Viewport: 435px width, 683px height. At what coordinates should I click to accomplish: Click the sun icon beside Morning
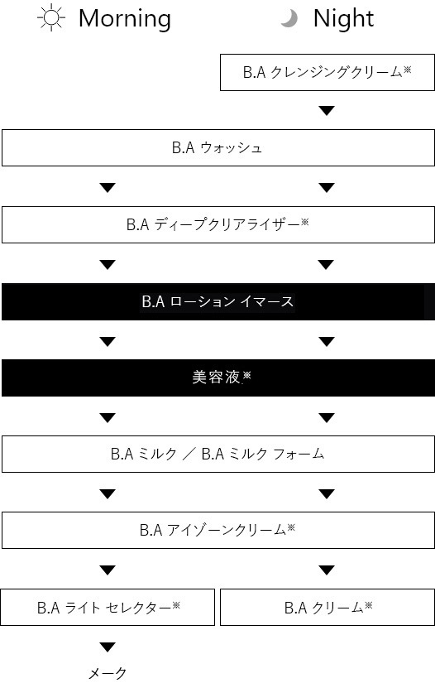click(x=51, y=17)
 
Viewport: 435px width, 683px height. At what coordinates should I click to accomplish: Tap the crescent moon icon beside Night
click(x=289, y=19)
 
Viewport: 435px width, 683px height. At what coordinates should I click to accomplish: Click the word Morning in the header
click(x=125, y=19)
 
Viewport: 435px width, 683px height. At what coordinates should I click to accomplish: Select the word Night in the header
click(x=344, y=19)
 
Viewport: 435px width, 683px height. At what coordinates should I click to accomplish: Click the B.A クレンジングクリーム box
click(x=327, y=72)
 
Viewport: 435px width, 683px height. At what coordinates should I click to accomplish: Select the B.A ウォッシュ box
click(x=218, y=147)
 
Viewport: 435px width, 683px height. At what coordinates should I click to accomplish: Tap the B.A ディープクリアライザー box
click(x=218, y=224)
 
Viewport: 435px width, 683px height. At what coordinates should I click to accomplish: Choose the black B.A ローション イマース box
click(x=218, y=301)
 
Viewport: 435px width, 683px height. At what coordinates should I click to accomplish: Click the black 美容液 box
click(x=218, y=378)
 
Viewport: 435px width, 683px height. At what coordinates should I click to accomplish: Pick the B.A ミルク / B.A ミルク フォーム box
click(x=218, y=454)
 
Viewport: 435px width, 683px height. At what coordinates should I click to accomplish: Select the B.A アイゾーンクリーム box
click(x=218, y=530)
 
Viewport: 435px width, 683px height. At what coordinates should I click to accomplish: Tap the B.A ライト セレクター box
click(x=108, y=607)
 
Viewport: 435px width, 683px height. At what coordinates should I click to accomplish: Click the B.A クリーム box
click(x=327, y=607)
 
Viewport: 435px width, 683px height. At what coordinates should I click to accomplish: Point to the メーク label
click(x=108, y=673)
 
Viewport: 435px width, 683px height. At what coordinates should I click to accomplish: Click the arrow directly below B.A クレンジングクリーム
click(x=327, y=111)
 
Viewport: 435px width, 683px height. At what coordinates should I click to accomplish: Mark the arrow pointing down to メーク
click(x=108, y=647)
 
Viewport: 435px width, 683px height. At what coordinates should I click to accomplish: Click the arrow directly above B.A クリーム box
click(x=327, y=570)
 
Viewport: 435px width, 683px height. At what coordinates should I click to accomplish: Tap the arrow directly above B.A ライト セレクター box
click(x=108, y=570)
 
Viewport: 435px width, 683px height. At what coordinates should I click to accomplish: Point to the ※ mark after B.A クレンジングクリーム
click(x=407, y=70)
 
